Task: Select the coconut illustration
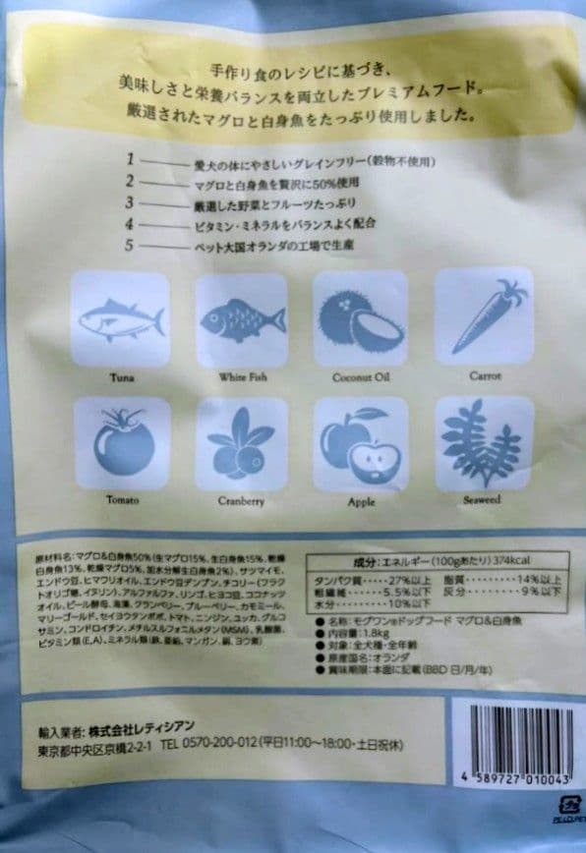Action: [361, 318]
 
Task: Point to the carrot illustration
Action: [484, 316]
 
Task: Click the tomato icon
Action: [123, 444]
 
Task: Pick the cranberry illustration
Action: [242, 444]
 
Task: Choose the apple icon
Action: [360, 443]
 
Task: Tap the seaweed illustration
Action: [482, 443]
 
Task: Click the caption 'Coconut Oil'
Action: [361, 376]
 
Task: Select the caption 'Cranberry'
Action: [242, 500]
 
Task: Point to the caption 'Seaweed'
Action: [482, 499]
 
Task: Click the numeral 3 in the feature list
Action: [129, 201]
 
